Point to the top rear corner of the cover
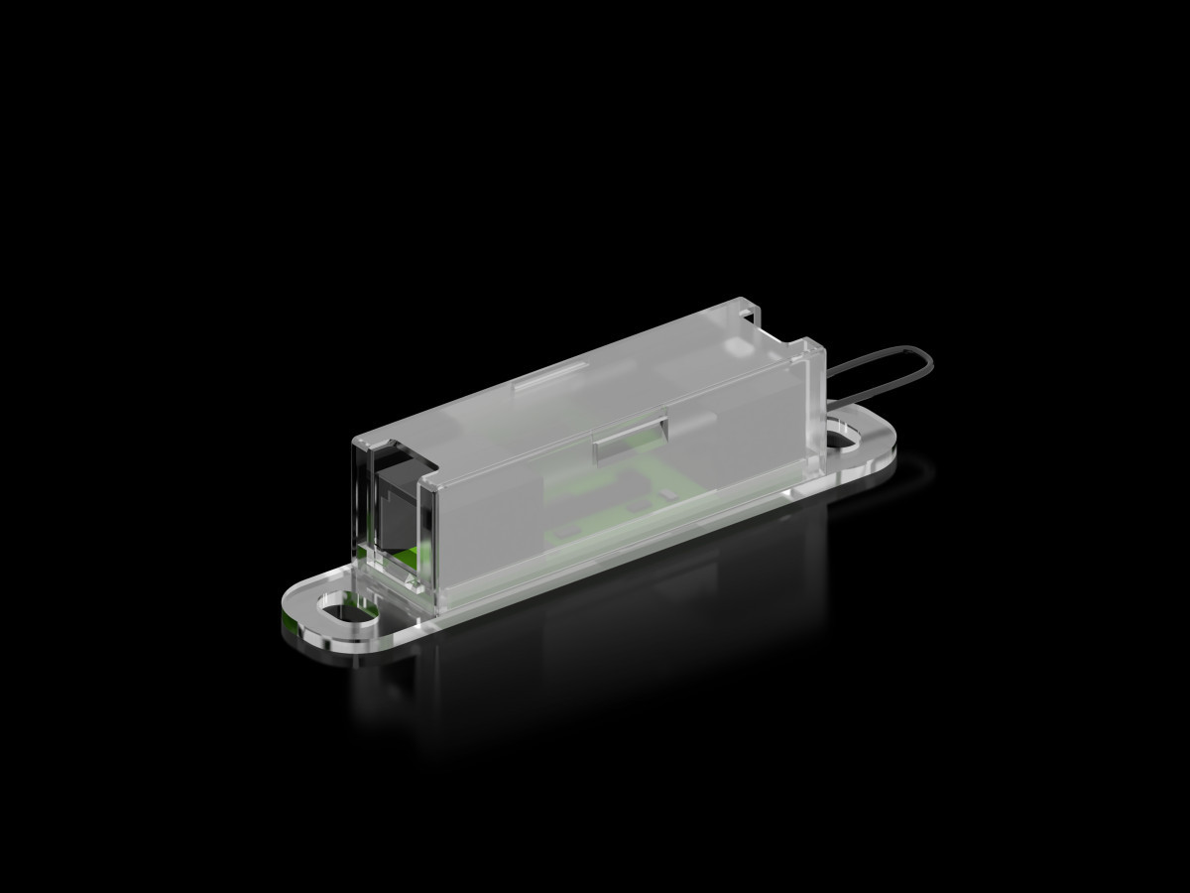[819, 346]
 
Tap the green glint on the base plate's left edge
[291, 619]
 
